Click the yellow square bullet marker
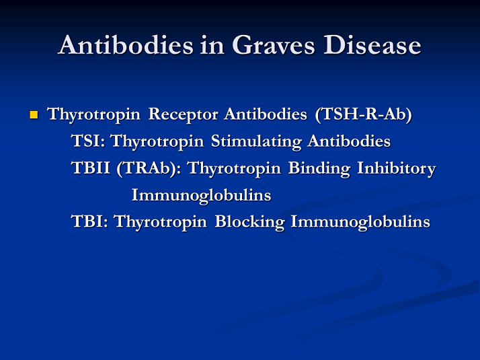click(34, 115)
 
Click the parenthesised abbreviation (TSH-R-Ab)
click(363, 114)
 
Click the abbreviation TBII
click(91, 168)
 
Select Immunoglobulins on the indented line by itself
click(201, 195)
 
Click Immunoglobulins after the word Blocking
click(360, 223)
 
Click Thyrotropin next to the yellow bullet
click(95, 115)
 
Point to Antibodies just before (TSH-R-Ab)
click(266, 114)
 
